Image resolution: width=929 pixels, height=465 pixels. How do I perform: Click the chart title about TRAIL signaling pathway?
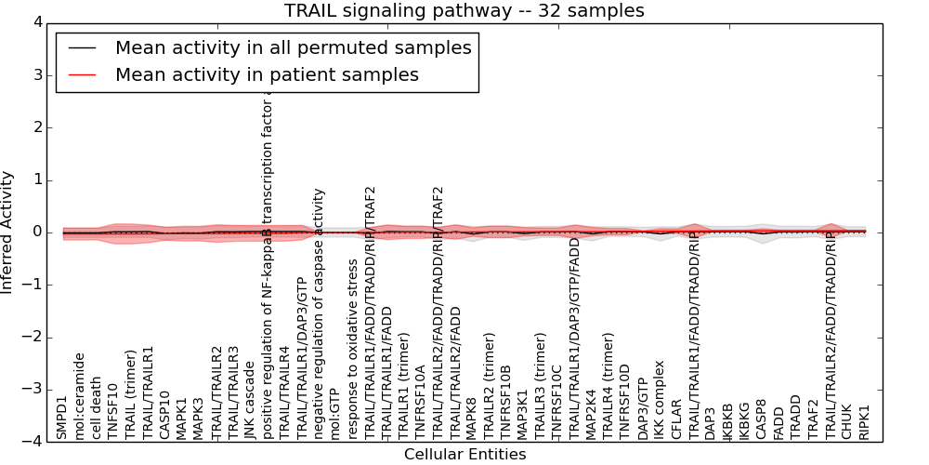(x=464, y=10)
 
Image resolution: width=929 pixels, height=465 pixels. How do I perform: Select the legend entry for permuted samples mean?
(x=293, y=47)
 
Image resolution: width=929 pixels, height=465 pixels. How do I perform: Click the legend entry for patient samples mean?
(x=267, y=74)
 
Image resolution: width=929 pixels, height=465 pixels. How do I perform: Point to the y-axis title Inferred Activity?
(x=7, y=232)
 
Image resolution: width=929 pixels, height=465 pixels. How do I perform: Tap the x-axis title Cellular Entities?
(x=464, y=455)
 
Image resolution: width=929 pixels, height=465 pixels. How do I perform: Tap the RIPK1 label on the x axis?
(x=865, y=420)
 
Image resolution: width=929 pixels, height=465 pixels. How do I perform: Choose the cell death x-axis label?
(x=97, y=407)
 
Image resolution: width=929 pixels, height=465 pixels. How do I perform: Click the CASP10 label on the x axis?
(x=164, y=415)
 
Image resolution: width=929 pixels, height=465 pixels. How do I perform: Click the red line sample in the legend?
(x=82, y=74)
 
